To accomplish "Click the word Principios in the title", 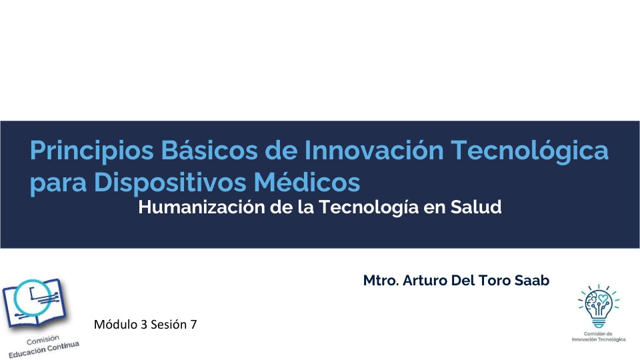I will click(x=91, y=151).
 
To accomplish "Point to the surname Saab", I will click(x=532, y=281).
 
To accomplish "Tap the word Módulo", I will click(x=115, y=325).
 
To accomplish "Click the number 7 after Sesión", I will click(x=194, y=325).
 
